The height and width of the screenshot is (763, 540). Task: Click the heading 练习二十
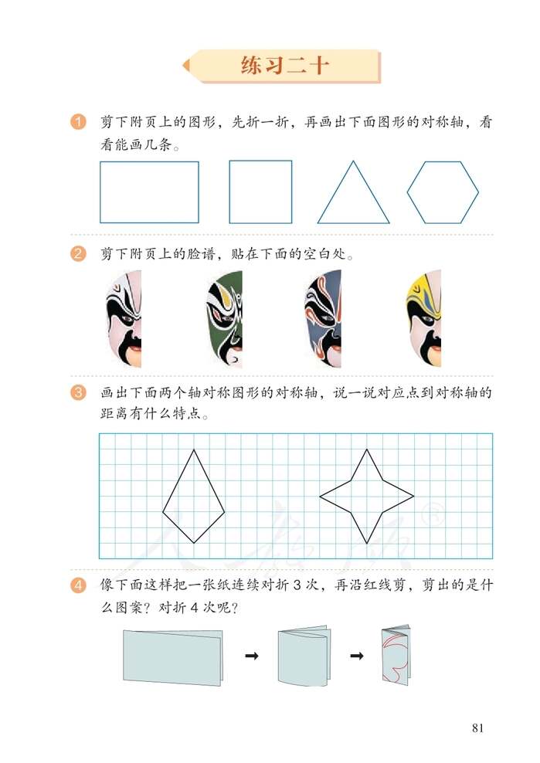click(285, 66)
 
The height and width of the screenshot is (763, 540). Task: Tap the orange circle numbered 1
click(77, 123)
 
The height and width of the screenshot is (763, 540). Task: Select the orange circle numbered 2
click(77, 253)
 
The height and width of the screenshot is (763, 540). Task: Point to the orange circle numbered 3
click(77, 394)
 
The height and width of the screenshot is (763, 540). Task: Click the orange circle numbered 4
click(77, 586)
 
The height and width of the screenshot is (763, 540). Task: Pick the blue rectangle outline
click(149, 192)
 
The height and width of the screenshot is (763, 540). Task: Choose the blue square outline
click(260, 192)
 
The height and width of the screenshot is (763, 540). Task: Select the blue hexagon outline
click(443, 192)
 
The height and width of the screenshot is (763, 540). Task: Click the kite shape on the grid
click(193, 498)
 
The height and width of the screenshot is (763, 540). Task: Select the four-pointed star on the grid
click(367, 496)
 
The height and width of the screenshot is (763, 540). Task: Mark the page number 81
click(477, 727)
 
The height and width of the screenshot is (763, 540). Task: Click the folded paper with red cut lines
click(394, 655)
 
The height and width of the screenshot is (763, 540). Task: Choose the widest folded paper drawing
click(172, 656)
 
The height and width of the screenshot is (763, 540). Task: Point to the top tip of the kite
click(193, 450)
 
